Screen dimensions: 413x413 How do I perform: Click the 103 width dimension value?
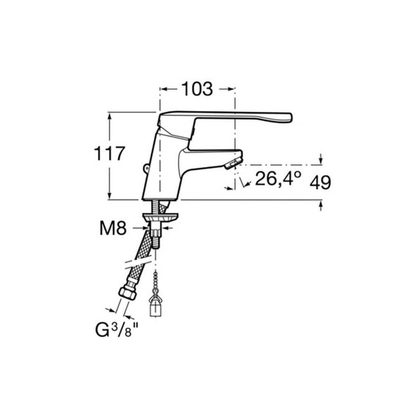point(197,89)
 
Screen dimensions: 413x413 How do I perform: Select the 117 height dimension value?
point(109,154)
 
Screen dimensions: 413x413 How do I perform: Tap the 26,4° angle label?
point(278,178)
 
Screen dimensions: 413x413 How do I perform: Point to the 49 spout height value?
point(320,182)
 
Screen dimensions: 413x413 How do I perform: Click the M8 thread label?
point(113,228)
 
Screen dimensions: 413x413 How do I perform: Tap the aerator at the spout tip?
point(233,163)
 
